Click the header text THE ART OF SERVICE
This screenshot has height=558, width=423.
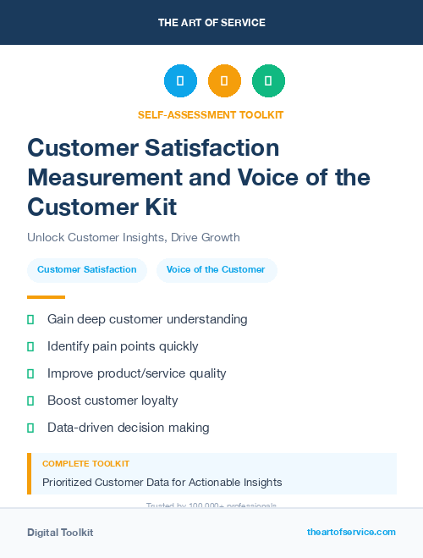[x=211, y=23]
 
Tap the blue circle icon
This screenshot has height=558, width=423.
[x=180, y=81]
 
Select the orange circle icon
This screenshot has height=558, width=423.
[x=224, y=81]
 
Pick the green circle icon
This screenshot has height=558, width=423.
[x=268, y=81]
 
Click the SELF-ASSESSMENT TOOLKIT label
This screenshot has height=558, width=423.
[x=211, y=114]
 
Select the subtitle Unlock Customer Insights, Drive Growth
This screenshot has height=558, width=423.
[x=134, y=237]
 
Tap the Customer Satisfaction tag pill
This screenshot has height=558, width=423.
[x=87, y=269]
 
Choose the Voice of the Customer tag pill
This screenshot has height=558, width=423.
[x=216, y=269]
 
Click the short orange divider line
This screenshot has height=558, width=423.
[x=46, y=297]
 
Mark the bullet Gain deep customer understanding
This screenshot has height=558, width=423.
[x=147, y=319]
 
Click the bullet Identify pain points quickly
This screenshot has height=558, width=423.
[x=123, y=346]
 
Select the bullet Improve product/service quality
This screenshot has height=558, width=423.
[x=136, y=373]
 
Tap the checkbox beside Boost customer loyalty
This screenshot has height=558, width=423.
[x=30, y=401]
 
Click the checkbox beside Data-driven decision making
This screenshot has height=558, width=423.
[x=30, y=428]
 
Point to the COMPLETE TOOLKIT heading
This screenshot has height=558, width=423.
[x=85, y=464]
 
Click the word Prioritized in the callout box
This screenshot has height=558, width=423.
[x=70, y=483]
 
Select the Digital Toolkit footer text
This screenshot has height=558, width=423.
[x=60, y=533]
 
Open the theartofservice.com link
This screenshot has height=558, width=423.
[x=351, y=532]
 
